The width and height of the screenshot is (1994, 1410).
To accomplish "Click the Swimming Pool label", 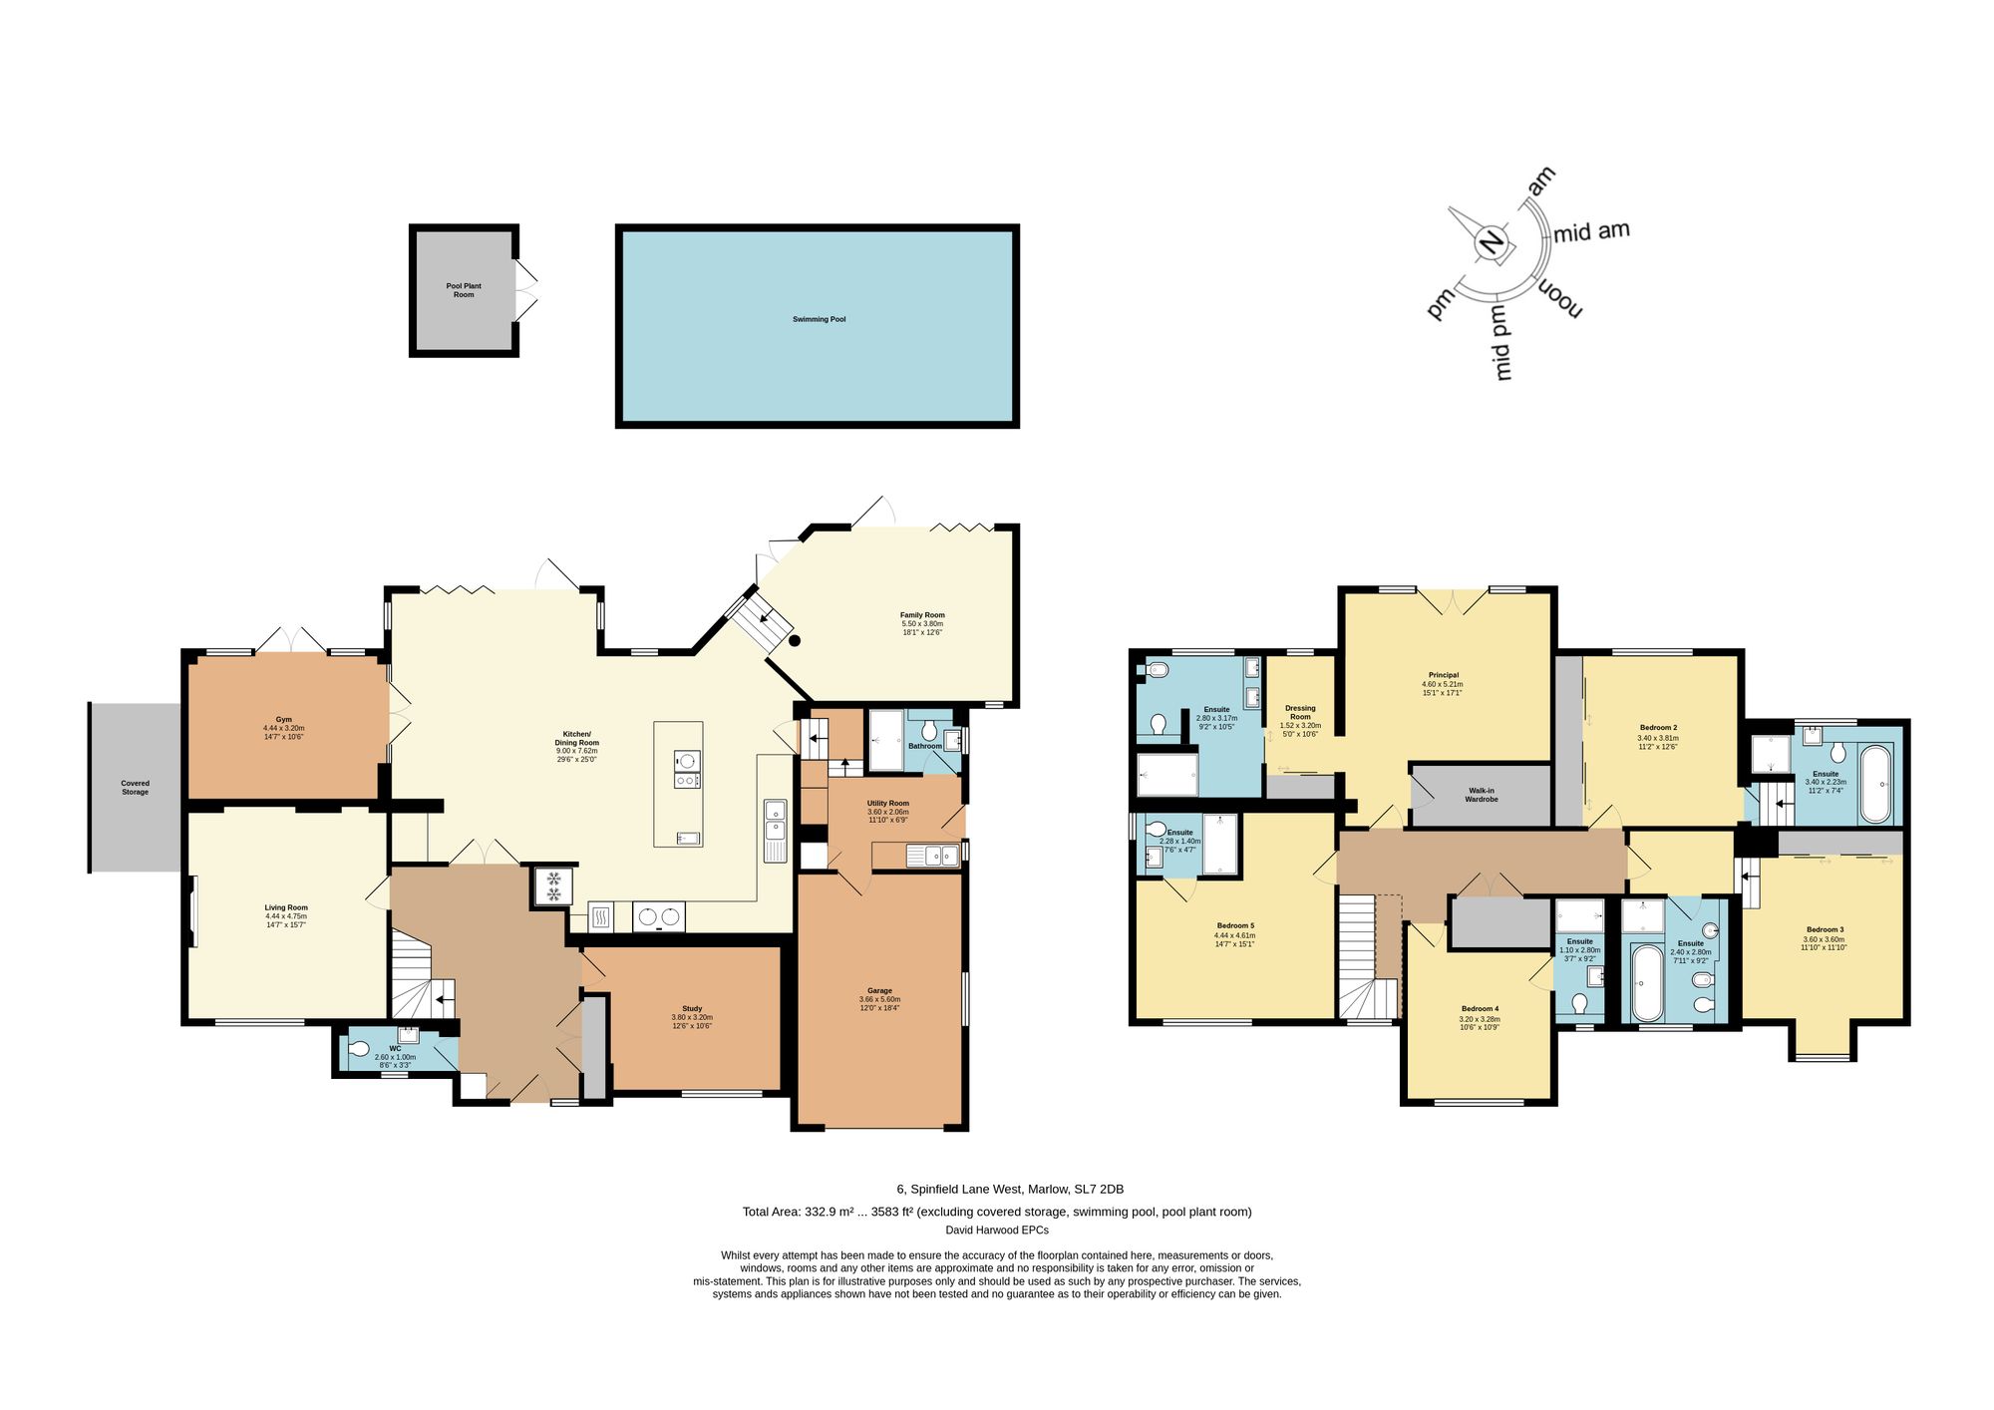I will point(819,319).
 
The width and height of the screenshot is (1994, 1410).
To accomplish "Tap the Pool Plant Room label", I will point(464,290).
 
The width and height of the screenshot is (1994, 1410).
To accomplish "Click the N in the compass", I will point(1492,243).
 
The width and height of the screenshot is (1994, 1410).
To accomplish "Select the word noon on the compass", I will point(1560,298).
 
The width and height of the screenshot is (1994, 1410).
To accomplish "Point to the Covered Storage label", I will point(135,788).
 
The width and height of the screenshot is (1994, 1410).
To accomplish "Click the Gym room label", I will point(284,719).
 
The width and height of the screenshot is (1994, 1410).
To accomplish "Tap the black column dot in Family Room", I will point(795,641).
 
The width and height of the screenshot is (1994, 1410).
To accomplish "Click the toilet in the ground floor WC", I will point(359,1048).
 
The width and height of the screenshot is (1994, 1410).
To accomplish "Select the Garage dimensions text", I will point(879,1003).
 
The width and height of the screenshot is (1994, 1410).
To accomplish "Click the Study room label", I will point(692,1008).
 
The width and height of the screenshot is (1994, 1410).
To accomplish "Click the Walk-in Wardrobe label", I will point(1482,795).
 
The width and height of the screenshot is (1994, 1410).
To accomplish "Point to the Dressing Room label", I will point(1300,712).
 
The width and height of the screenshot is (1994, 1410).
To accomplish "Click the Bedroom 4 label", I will point(1480,1008).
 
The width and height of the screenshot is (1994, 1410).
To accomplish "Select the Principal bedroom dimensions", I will point(1443,688).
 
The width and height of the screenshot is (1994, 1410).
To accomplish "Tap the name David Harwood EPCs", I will point(997,1230).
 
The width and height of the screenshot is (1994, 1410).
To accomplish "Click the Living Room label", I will point(286,907).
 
